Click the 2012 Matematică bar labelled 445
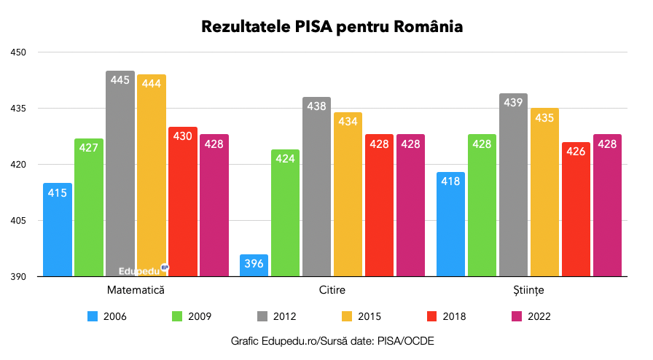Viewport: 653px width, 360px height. coord(120,175)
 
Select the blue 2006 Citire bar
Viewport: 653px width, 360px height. coord(254,266)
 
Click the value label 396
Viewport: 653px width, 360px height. coord(254,262)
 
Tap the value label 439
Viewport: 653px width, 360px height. coord(513,103)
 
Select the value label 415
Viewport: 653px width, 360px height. coord(58,193)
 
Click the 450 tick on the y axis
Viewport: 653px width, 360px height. coord(19,52)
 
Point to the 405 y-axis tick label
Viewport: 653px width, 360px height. coord(19,221)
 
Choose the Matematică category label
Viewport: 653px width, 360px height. coord(136,290)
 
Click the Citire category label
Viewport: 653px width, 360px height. coord(332,290)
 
